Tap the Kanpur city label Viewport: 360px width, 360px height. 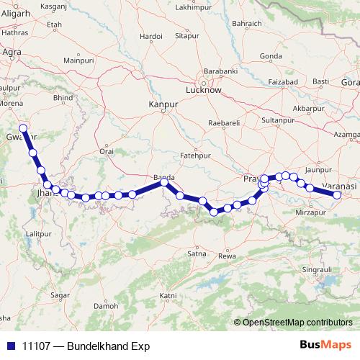pyautogui.click(x=162, y=105)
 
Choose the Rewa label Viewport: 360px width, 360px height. pyautogui.click(x=227, y=256)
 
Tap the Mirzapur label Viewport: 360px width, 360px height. pyautogui.click(x=311, y=212)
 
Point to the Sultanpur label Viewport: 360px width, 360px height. pyautogui.click(x=277, y=120)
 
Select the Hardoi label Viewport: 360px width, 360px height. pyautogui.click(x=151, y=35)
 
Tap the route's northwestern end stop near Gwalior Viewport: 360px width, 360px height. pyautogui.click(x=23, y=128)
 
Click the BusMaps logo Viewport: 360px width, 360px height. pyautogui.click(x=325, y=346)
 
